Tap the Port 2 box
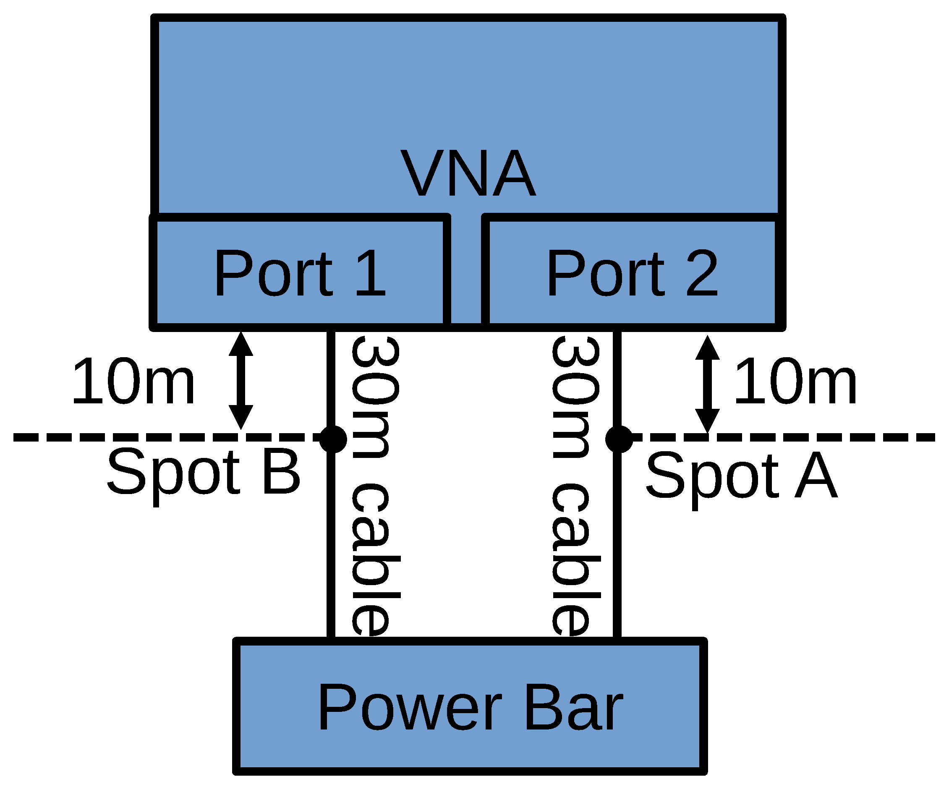click(x=632, y=272)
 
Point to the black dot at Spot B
click(x=333, y=439)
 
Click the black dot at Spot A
click(x=619, y=439)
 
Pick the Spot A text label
click(x=741, y=476)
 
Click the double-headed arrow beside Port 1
click(x=241, y=381)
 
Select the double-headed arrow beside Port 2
click(x=707, y=384)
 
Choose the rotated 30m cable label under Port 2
click(x=576, y=486)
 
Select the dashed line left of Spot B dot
click(x=163, y=437)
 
